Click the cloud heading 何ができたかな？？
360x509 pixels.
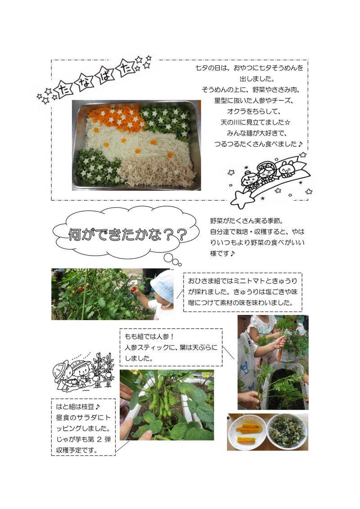coord(126,235)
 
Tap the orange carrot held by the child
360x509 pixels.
coord(279,355)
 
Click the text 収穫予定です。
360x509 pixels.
coord(77,450)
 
